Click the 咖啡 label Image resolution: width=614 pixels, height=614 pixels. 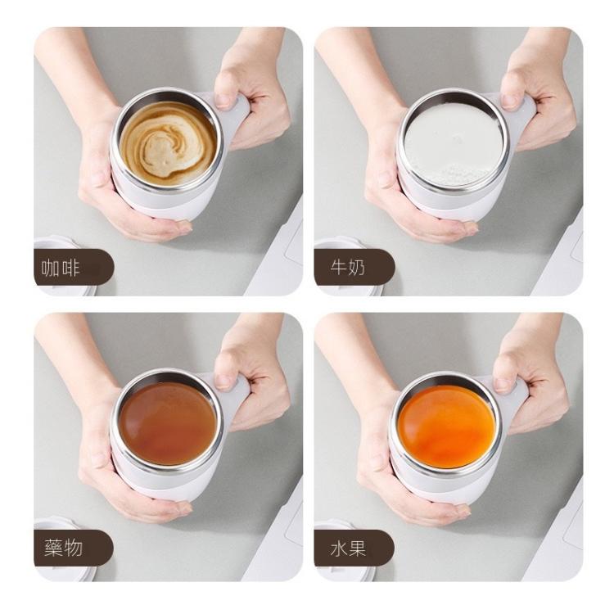point(61,269)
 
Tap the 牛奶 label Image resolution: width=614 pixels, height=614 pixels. point(348,268)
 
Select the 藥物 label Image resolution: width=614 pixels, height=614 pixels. point(63,548)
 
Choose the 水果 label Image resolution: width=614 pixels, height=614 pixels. point(348,548)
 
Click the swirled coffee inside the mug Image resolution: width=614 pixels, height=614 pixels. point(169,143)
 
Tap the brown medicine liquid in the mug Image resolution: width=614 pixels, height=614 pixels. point(168,424)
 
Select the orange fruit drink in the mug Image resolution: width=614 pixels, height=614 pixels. point(447,427)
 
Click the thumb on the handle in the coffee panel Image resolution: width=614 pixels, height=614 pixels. point(226,91)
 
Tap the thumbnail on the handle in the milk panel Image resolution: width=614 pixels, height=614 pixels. point(509,101)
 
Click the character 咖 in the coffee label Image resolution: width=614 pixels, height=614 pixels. point(51,269)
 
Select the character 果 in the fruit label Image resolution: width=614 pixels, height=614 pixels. point(358,548)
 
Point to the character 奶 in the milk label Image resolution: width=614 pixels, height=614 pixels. point(357,268)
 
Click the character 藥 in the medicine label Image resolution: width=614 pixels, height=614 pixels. point(54,548)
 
